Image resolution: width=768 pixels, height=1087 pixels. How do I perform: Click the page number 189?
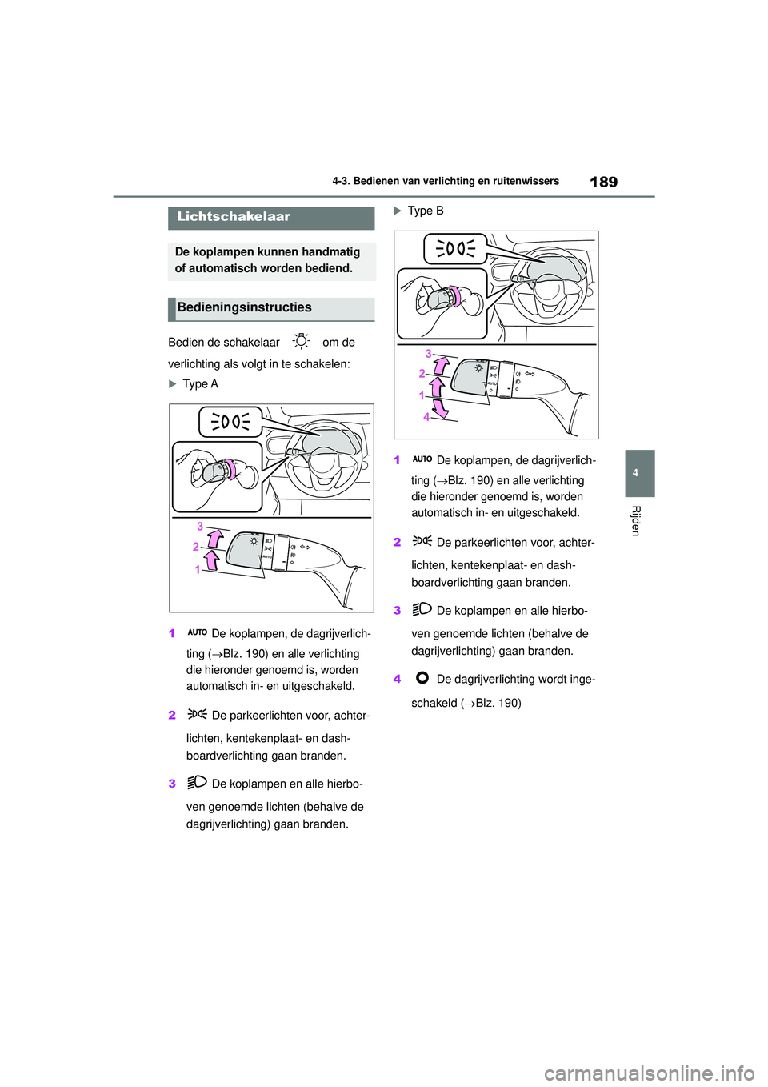coord(603,182)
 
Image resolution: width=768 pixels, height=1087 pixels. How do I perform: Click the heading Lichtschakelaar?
coord(234,217)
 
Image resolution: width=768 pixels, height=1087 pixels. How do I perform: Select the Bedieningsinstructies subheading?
coord(245,307)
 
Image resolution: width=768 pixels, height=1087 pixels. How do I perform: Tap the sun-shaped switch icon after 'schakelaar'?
coord(301,341)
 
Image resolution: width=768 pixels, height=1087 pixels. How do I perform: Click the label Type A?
coord(200,384)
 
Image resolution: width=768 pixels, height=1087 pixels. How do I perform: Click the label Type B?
coord(425,211)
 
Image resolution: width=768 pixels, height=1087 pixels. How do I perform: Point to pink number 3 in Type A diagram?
coord(200,527)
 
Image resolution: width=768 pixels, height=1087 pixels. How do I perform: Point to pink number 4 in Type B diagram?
coord(426,417)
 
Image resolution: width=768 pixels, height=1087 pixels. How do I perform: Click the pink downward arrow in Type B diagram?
coord(439,409)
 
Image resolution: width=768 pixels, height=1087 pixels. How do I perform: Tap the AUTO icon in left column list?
coord(198,632)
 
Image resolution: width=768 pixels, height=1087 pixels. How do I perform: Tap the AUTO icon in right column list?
coord(422,459)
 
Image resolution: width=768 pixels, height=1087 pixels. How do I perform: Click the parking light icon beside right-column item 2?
coord(422,541)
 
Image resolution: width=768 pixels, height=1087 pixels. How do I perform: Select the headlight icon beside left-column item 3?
coord(198,783)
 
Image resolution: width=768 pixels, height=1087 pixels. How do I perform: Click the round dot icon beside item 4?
coord(422,678)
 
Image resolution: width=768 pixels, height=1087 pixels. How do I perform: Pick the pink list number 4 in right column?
coord(397,679)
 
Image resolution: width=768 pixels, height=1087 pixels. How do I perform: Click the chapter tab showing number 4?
coord(635,473)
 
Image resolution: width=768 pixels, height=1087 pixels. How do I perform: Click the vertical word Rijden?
coord(635,521)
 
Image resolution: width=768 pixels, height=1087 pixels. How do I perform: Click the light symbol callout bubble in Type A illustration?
coord(230,421)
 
